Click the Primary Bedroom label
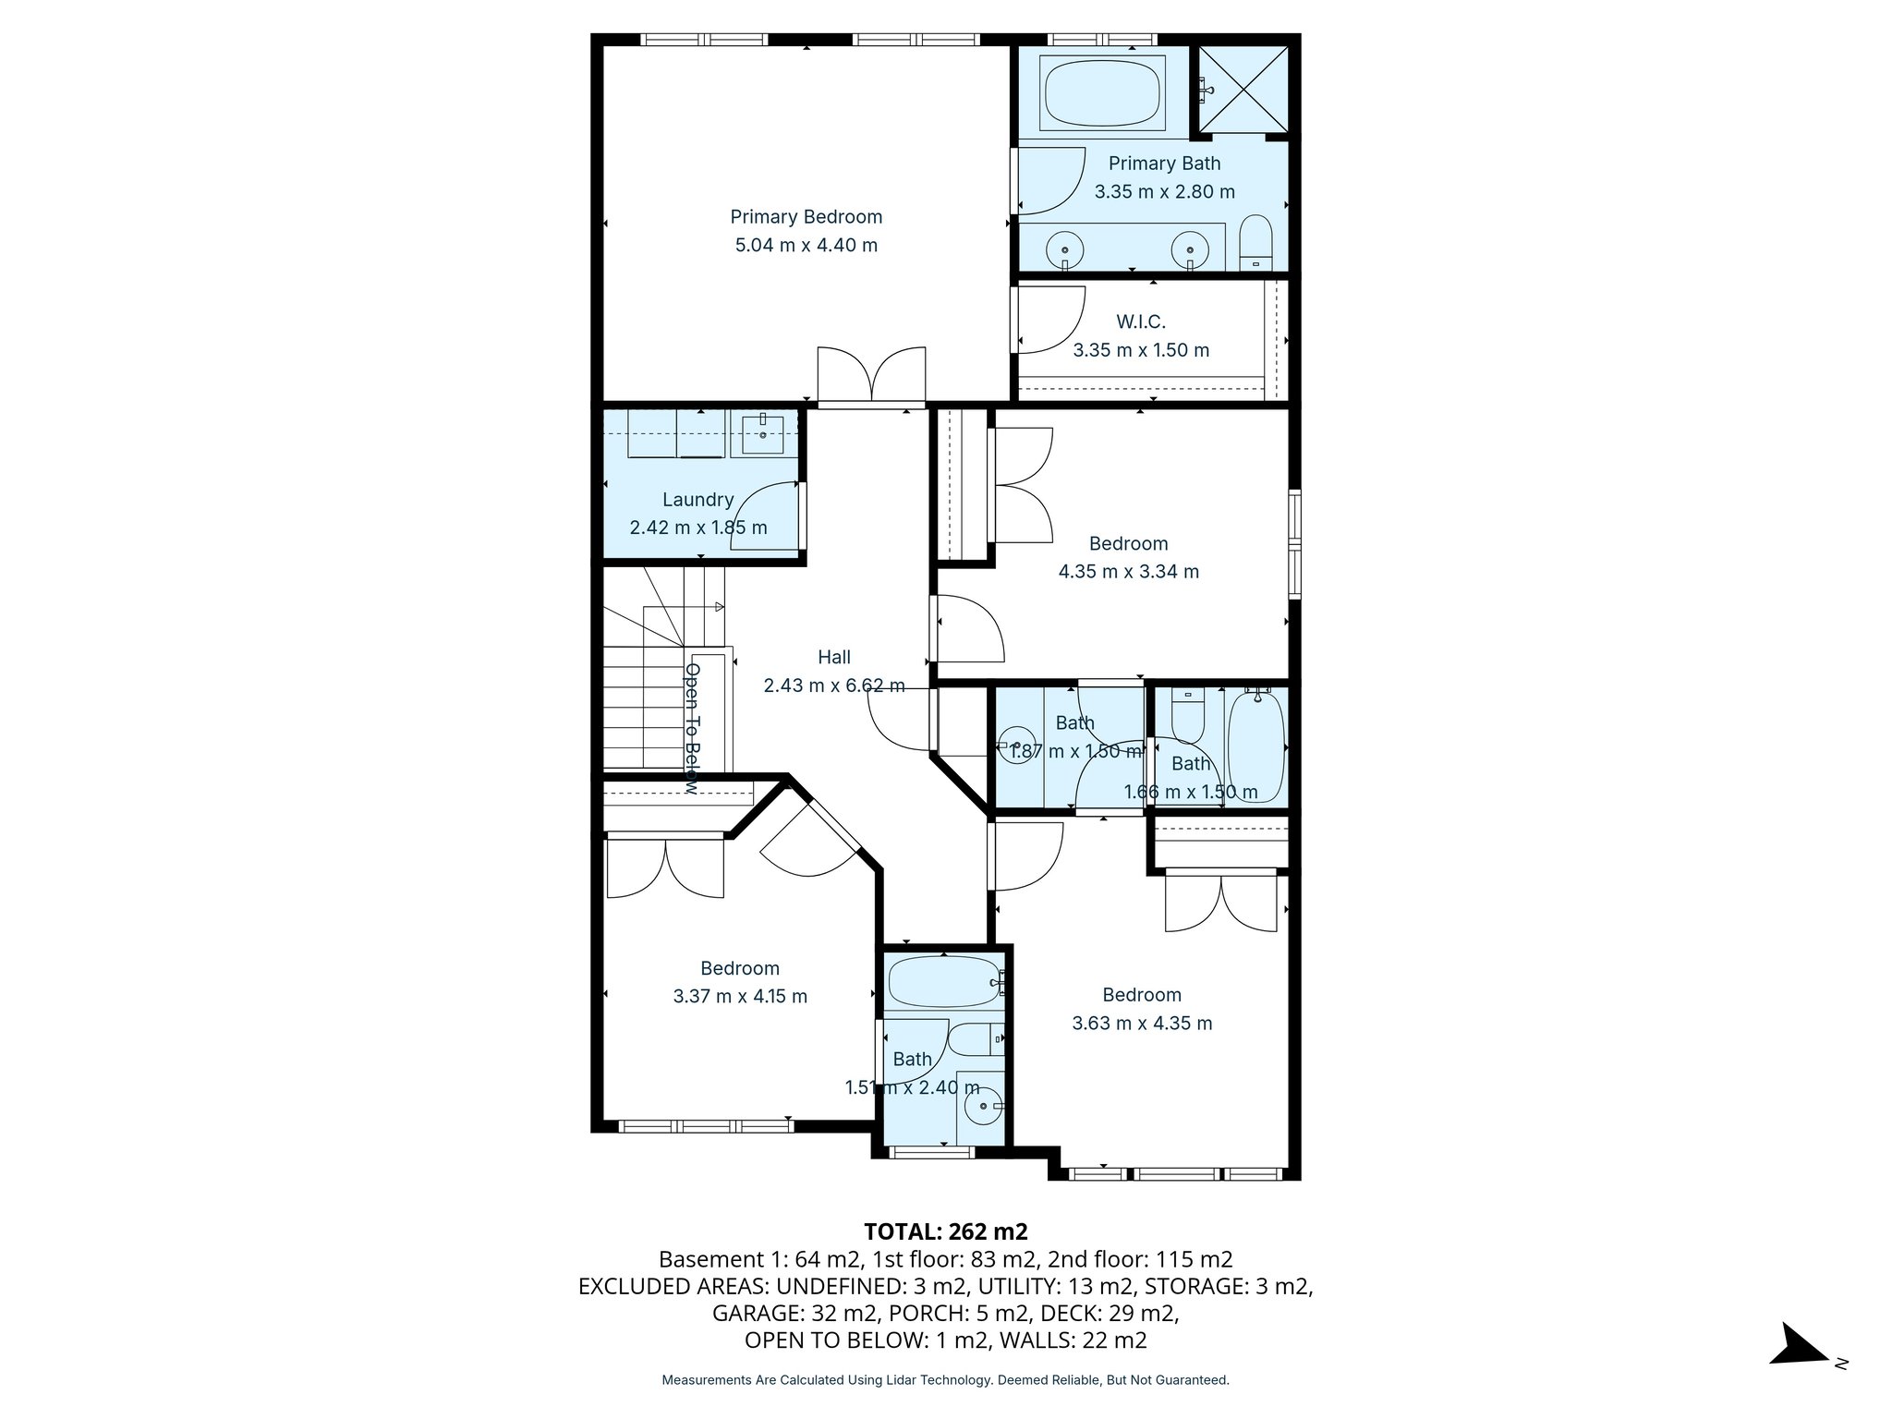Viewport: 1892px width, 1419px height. point(806,217)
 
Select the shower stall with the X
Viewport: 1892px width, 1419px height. point(1243,91)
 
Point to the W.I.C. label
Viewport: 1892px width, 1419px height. point(1141,321)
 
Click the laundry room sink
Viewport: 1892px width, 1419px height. point(762,432)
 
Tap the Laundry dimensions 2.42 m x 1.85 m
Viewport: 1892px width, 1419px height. point(698,528)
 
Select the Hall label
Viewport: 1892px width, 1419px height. point(834,657)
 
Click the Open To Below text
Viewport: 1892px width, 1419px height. point(692,728)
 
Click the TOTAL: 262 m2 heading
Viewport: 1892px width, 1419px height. point(945,1231)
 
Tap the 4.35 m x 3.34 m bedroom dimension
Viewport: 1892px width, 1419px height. point(1128,572)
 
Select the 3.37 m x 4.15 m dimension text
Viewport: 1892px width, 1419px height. point(740,997)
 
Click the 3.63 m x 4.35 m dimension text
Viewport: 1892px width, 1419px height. point(1142,1024)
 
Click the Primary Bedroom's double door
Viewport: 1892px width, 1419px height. point(871,377)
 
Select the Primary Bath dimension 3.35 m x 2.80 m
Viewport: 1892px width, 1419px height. point(1164,192)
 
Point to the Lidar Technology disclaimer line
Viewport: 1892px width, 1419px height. point(945,1380)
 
